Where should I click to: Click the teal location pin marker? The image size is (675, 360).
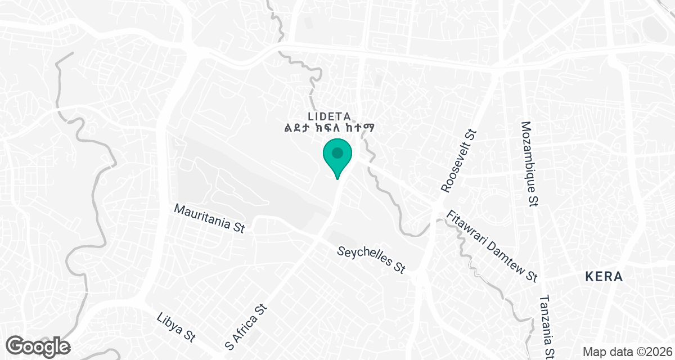coord(337,157)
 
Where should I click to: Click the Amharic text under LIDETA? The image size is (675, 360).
coord(330,128)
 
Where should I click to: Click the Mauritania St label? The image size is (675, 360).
coord(209,218)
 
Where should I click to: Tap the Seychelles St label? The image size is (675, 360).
coord(371,259)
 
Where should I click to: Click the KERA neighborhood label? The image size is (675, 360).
coord(604,277)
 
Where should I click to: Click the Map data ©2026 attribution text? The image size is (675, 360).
coord(627,352)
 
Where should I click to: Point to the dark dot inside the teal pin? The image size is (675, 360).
coord(337,152)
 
